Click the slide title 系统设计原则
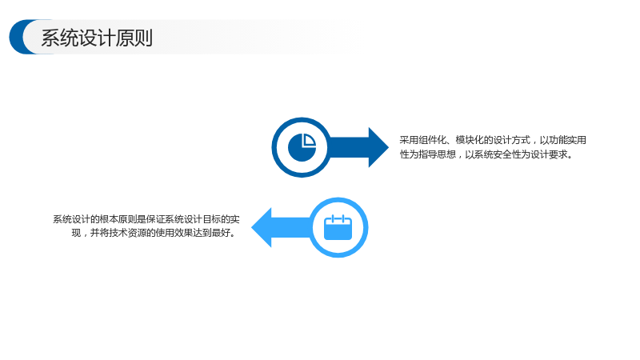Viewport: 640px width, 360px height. (97, 38)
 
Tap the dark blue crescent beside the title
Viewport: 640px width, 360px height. (16, 37)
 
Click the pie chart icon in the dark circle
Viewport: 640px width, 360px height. (302, 147)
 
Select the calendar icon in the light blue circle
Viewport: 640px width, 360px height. (338, 227)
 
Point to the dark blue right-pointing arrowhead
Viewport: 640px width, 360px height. (378, 147)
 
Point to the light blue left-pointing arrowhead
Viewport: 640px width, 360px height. (262, 227)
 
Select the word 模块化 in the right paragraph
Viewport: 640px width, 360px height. (470, 140)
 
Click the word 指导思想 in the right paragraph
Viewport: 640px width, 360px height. (438, 154)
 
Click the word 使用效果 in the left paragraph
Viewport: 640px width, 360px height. (174, 233)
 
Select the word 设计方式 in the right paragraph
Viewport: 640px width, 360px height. (512, 140)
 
